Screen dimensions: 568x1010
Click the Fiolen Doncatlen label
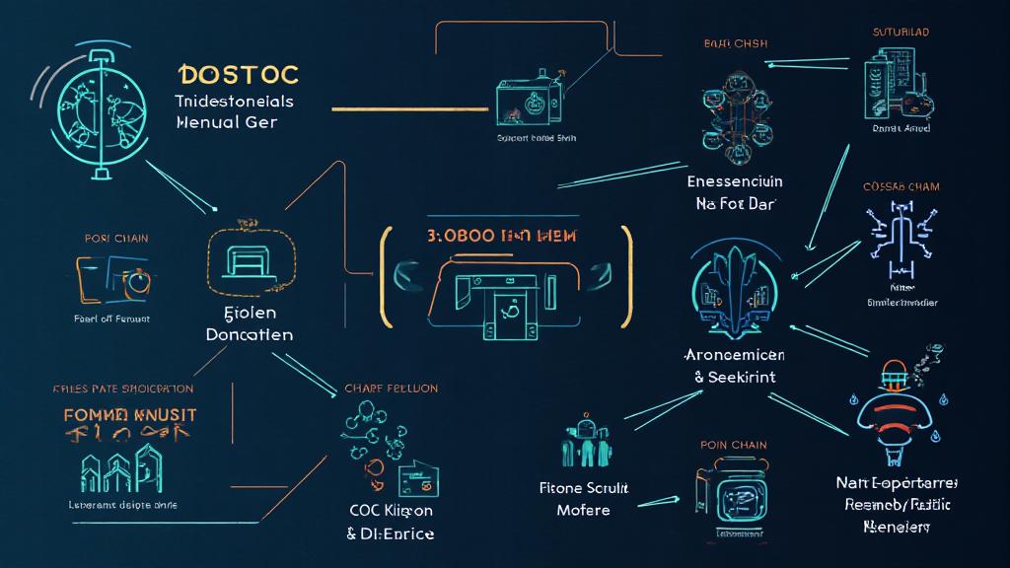[249, 322]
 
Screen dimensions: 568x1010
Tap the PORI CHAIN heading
[117, 238]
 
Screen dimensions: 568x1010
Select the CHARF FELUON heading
[392, 389]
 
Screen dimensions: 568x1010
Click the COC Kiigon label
[391, 510]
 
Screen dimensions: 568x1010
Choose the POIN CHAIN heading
[733, 445]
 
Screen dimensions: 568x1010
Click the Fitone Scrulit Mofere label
[583, 499]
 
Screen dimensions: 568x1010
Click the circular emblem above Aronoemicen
[734, 285]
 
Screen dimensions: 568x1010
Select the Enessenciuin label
[735, 182]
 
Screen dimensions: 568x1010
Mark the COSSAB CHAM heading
[901, 186]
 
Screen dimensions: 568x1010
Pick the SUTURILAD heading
[901, 33]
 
